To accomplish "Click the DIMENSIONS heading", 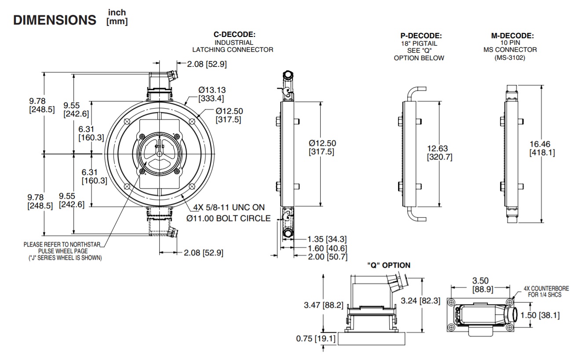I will [x=55, y=20].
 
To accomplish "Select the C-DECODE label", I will [x=234, y=35].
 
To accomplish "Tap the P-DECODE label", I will [x=421, y=36].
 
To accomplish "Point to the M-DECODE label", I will [x=512, y=36].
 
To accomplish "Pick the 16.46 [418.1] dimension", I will [x=542, y=148].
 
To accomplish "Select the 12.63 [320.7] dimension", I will [x=439, y=153].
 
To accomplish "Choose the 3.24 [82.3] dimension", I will [x=423, y=301].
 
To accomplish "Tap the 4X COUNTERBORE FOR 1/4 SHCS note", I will [x=546, y=291].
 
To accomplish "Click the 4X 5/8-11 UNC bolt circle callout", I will [x=229, y=212].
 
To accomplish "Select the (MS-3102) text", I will [x=512, y=58].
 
